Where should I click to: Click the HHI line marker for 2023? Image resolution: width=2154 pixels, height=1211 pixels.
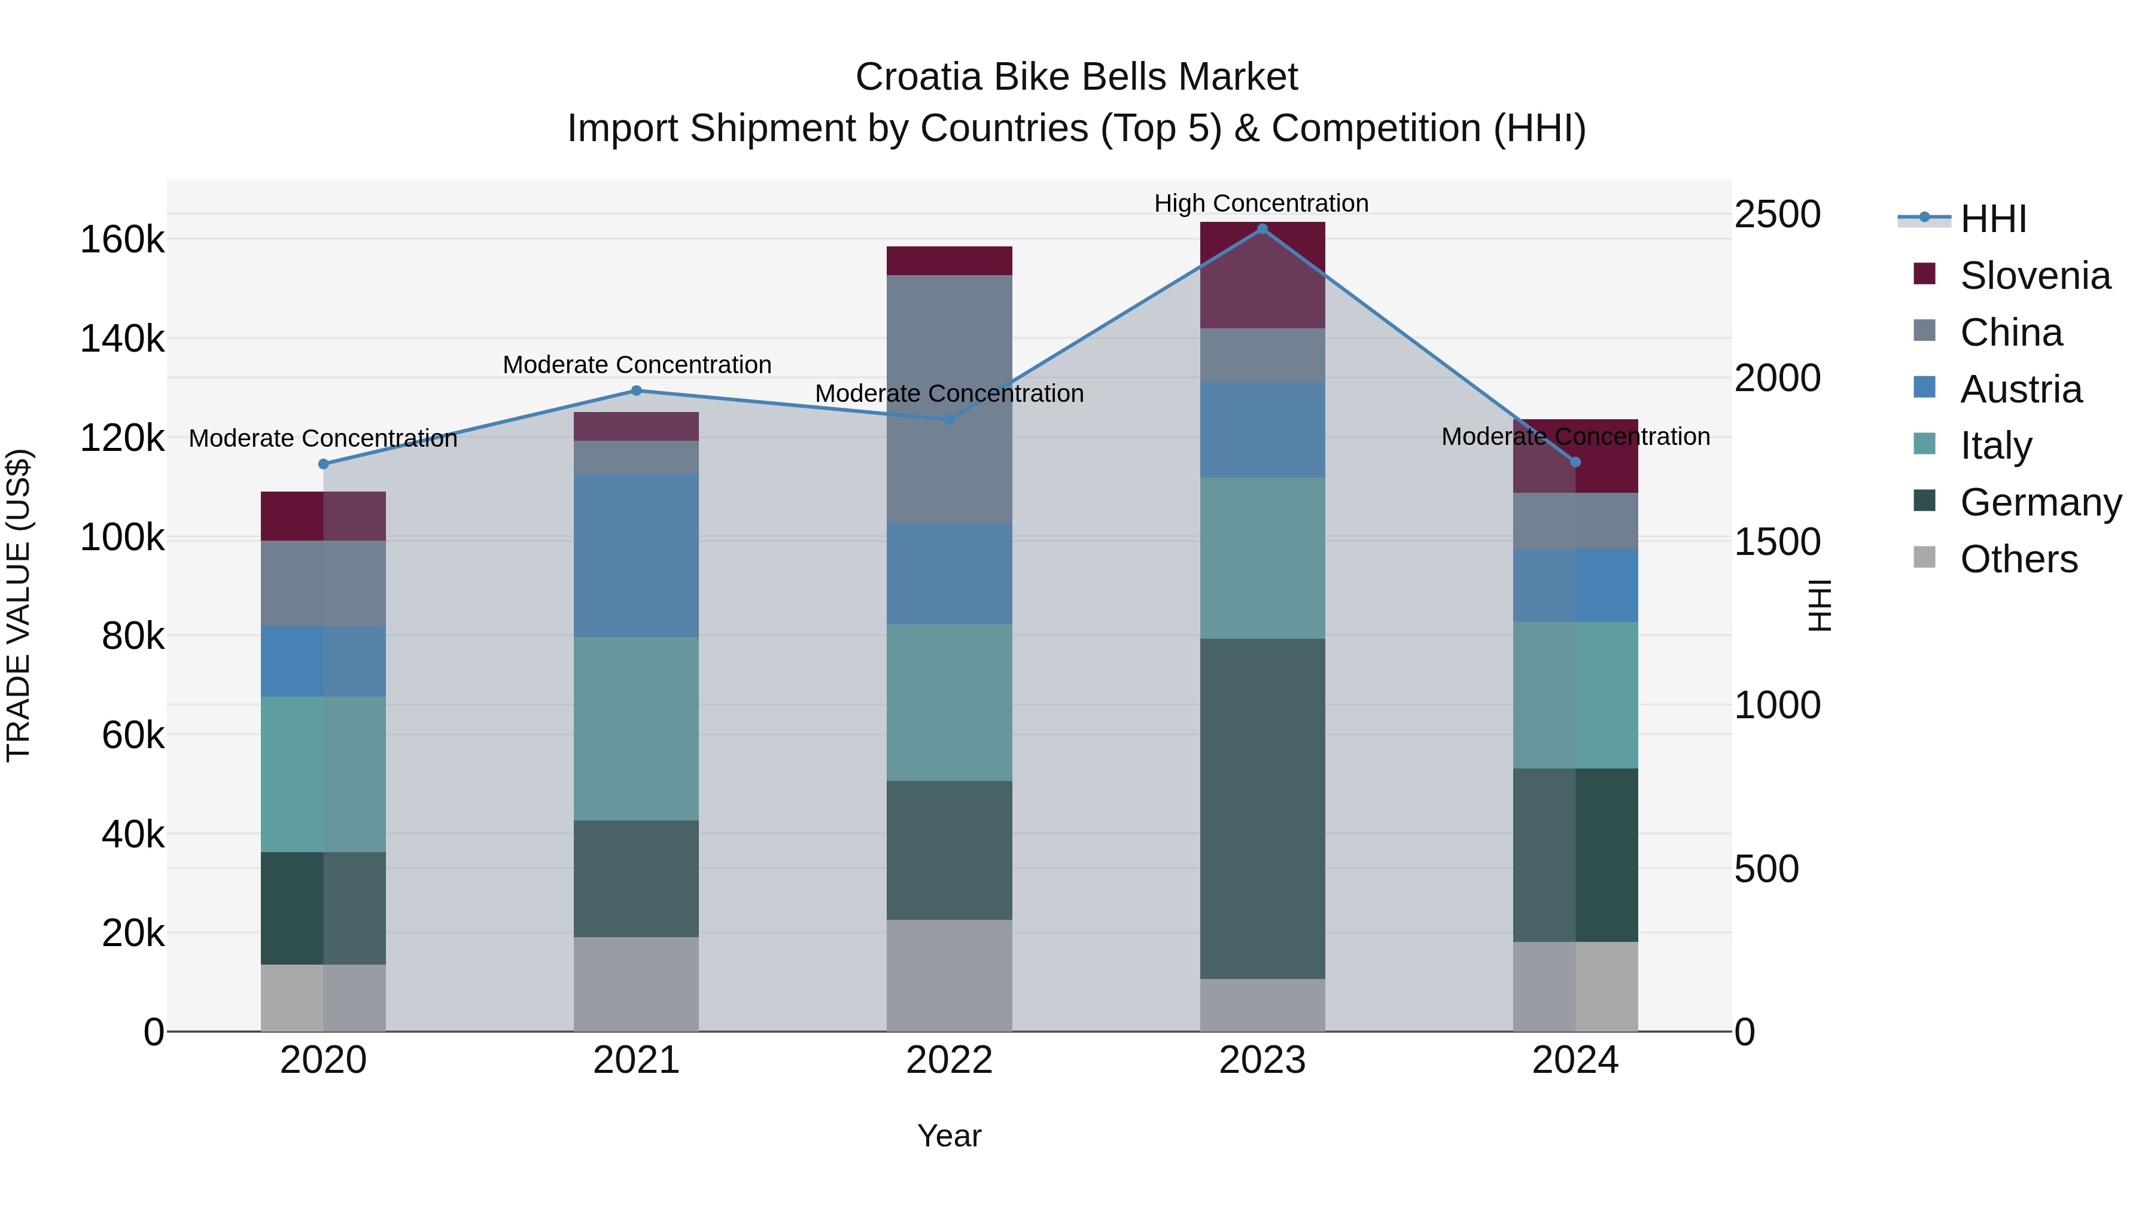(x=1262, y=229)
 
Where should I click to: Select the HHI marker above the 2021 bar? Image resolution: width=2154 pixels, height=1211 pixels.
(x=637, y=391)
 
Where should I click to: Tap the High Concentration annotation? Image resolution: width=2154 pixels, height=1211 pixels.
(x=1261, y=203)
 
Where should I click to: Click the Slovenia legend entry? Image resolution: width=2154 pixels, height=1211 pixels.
(x=2034, y=276)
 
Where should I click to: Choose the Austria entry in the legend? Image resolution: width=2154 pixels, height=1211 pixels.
(x=2020, y=389)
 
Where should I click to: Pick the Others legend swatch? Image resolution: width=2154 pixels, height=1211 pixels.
(x=1924, y=557)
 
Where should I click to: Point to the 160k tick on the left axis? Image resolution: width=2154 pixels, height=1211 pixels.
(x=122, y=240)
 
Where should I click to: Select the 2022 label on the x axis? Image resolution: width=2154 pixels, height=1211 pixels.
(x=949, y=1060)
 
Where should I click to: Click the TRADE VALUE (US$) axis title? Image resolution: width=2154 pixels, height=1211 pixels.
(x=19, y=605)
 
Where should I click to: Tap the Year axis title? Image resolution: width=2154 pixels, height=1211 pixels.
(x=949, y=1136)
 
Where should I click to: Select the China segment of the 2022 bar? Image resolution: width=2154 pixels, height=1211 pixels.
(x=949, y=399)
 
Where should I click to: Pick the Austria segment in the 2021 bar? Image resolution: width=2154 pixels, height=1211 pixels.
(x=637, y=556)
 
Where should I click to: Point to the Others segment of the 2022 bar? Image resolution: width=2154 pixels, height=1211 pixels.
(x=949, y=975)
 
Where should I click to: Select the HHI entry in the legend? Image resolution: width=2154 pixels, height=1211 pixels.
(x=1992, y=219)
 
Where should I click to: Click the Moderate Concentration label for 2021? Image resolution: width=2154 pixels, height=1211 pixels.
(x=637, y=365)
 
